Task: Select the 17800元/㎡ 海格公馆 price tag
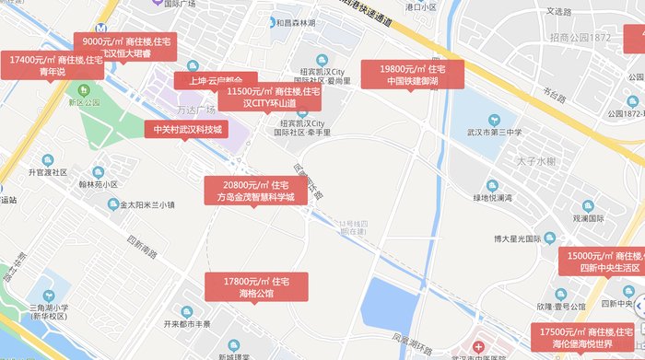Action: point(256,287)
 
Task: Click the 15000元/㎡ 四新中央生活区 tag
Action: point(604,261)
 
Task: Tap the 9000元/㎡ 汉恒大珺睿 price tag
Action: point(126,47)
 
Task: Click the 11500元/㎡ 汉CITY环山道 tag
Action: point(270,98)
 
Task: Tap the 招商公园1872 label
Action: point(580,37)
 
